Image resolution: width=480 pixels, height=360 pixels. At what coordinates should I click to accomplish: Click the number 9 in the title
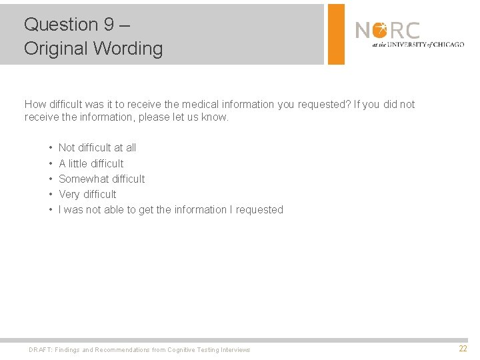click(x=109, y=25)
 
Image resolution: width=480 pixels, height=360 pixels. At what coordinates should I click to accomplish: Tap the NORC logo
click(x=388, y=31)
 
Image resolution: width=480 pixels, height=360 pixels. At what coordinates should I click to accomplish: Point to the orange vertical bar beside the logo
click(x=337, y=34)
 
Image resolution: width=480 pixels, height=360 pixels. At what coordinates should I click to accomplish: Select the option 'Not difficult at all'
click(x=97, y=148)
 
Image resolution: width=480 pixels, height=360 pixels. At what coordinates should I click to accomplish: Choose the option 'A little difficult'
click(x=91, y=163)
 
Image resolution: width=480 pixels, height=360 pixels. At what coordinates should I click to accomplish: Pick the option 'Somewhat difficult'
click(x=101, y=179)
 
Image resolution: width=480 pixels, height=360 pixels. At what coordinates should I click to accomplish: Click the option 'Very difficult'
click(x=87, y=194)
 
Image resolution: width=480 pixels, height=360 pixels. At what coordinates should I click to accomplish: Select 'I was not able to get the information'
click(x=171, y=209)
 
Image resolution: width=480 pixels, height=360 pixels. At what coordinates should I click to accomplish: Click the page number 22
click(x=463, y=349)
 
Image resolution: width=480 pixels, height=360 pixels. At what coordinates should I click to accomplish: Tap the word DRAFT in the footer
click(x=39, y=350)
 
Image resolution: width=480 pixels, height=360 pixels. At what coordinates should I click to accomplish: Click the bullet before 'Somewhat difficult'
click(x=51, y=179)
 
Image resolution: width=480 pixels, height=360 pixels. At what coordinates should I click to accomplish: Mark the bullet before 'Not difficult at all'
click(x=51, y=148)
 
